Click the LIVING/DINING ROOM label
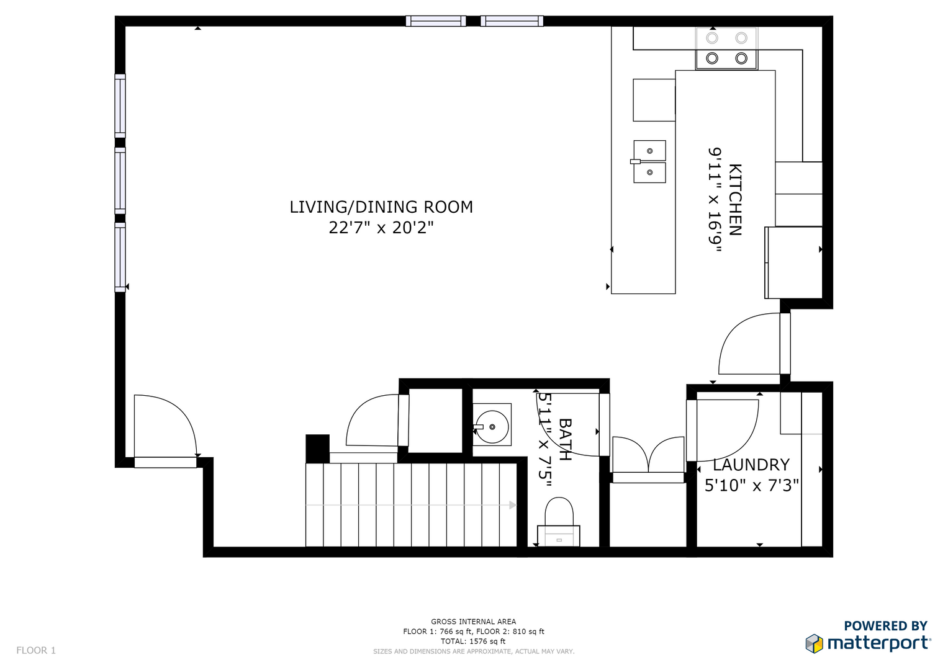point(381,207)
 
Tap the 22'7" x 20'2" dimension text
point(381,228)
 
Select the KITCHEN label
point(736,200)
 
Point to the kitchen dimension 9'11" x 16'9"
point(715,200)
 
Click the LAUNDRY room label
point(751,465)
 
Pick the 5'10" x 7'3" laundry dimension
point(752,486)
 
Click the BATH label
point(566,439)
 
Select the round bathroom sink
point(492,427)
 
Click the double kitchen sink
point(649,161)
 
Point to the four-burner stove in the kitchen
point(726,48)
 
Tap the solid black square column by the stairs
point(317,449)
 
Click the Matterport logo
point(869,643)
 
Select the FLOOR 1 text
point(36,650)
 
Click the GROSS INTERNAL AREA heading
point(474,622)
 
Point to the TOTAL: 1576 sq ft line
point(473,641)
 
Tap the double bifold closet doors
point(648,454)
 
